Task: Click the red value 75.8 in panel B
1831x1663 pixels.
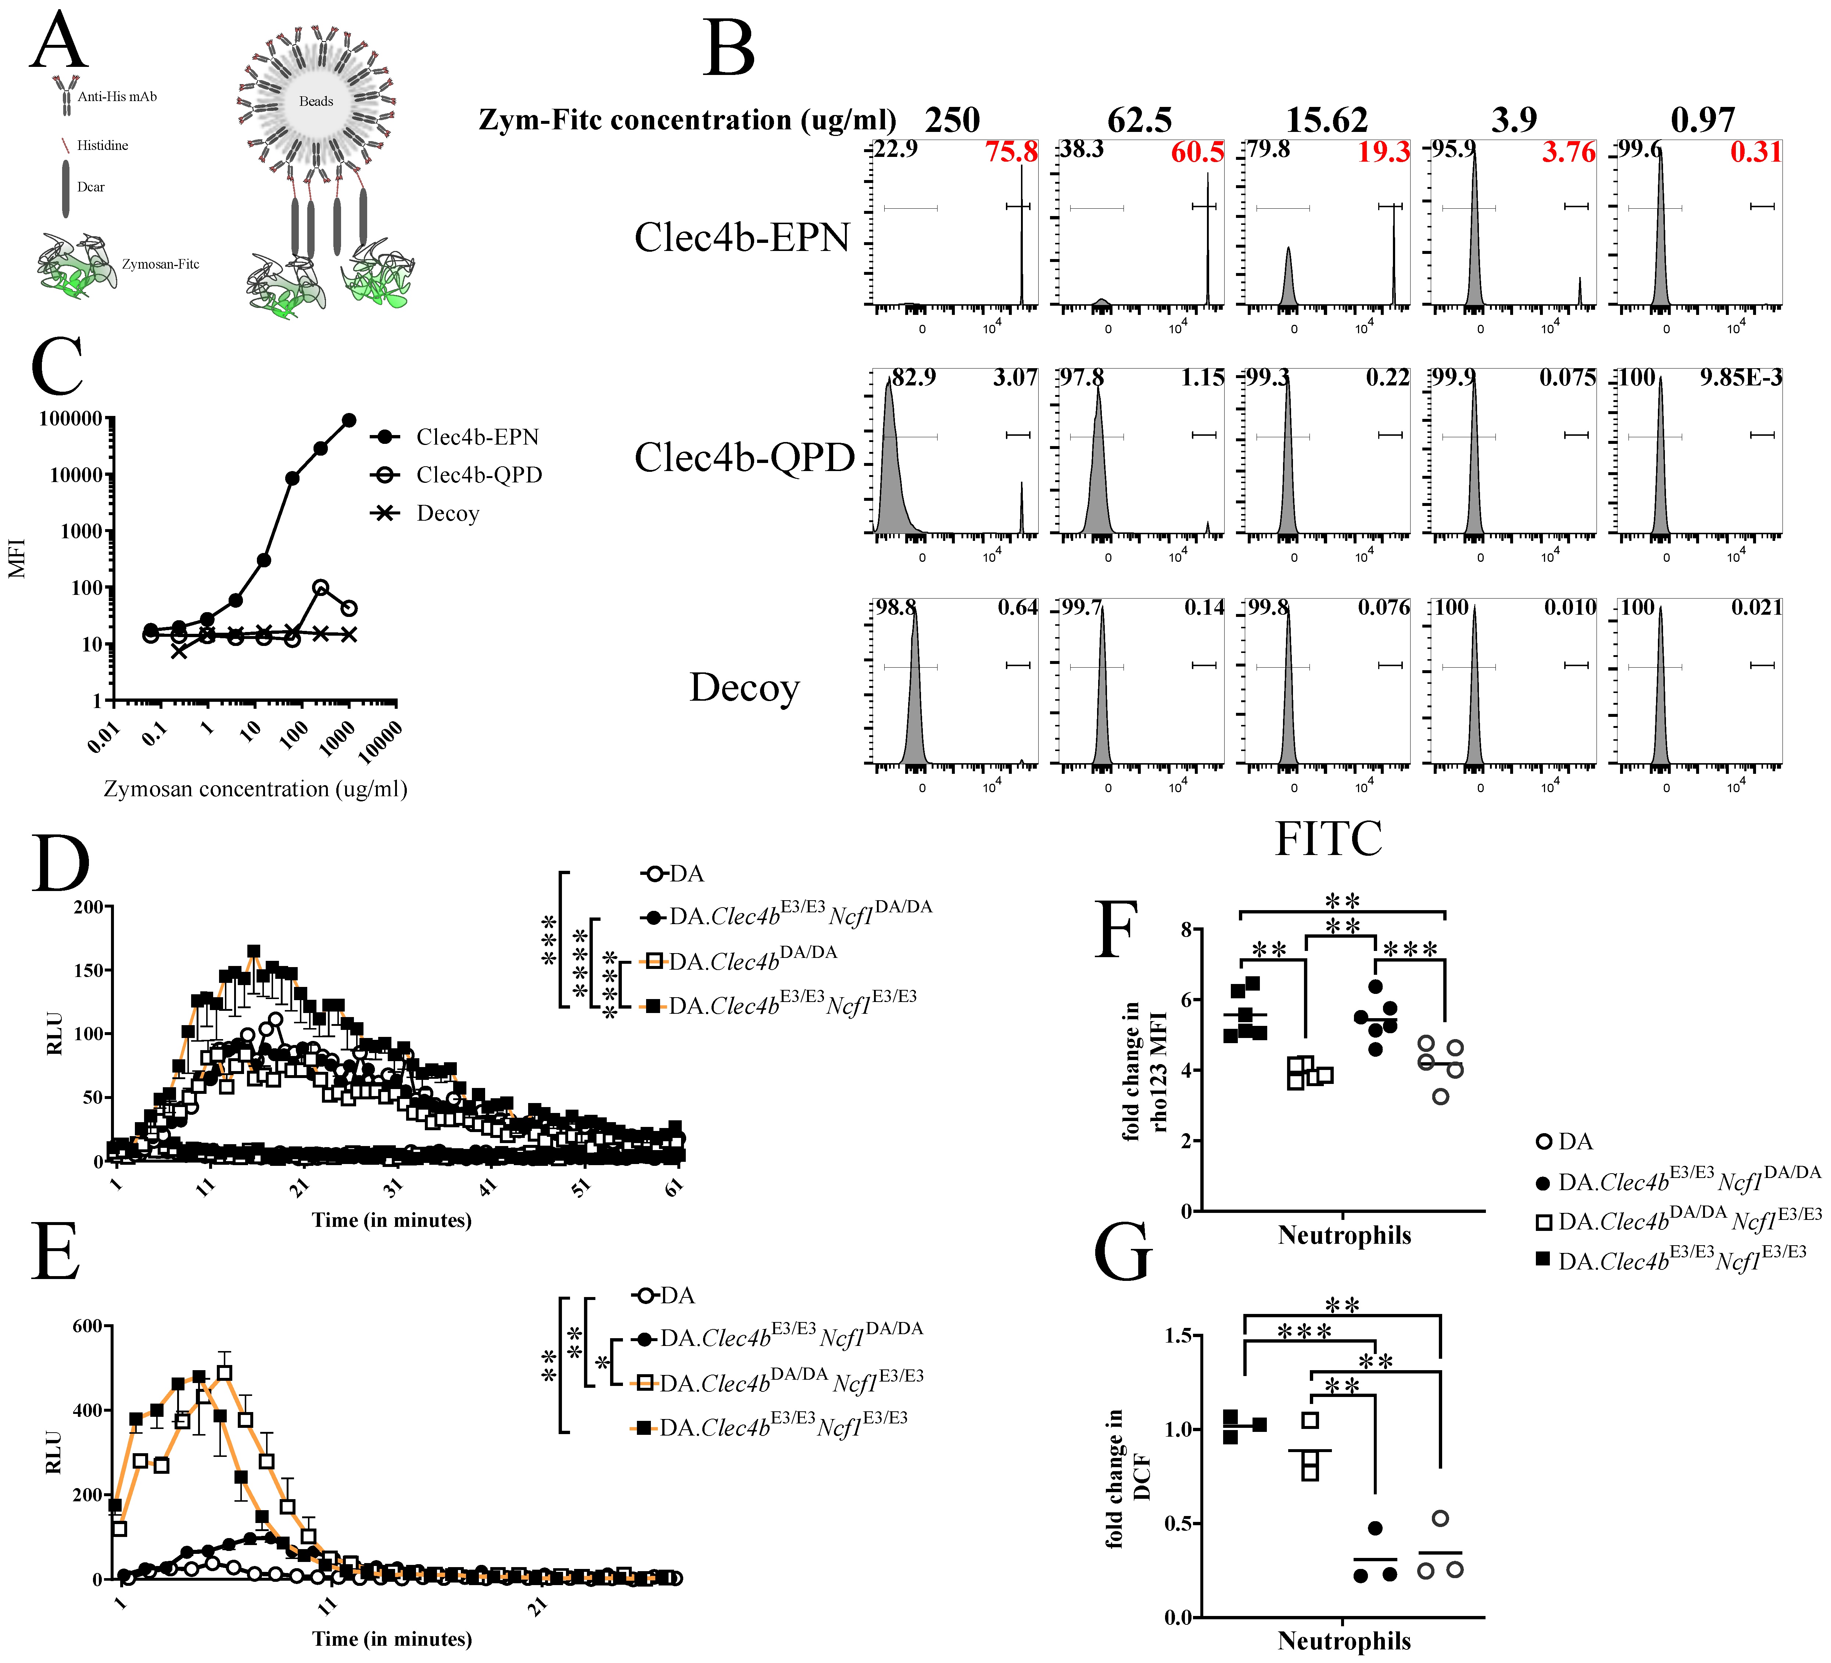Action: click(x=1011, y=152)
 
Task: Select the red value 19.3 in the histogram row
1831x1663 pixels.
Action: click(x=1383, y=152)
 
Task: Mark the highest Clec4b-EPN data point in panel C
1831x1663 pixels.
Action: click(x=349, y=420)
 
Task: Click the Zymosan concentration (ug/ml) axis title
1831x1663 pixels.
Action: click(x=255, y=789)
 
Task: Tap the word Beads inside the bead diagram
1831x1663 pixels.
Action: click(x=316, y=101)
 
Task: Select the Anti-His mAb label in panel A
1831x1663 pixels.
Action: click(x=117, y=96)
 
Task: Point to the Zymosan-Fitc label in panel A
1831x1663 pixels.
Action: click(x=161, y=264)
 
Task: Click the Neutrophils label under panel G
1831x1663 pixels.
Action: click(x=1344, y=1640)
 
